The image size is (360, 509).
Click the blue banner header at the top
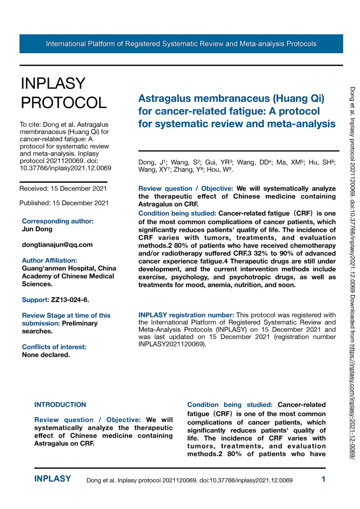pos(181,44)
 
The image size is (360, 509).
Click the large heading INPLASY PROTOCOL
pos(63,93)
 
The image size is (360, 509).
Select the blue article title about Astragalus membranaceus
pos(237,111)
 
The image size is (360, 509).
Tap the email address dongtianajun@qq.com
pos(57,245)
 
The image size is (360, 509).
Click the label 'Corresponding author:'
pos(58,221)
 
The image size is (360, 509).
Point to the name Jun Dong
pos(37,229)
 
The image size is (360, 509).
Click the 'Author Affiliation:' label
pos(49,260)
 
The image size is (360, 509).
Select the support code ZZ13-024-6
pos(70,300)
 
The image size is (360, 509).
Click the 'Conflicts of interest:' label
pos(54,347)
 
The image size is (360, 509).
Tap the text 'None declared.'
pos(46,355)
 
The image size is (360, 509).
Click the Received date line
pos(63,189)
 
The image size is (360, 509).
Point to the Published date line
pos(64,203)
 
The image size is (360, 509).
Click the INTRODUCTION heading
pos(60,405)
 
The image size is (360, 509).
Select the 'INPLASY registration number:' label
pos(186,315)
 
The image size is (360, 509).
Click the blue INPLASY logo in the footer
pos(52,479)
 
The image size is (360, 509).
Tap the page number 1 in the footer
pos(323,479)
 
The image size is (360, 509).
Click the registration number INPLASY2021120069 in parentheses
pos(171,344)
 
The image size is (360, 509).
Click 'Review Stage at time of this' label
pos(66,315)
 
